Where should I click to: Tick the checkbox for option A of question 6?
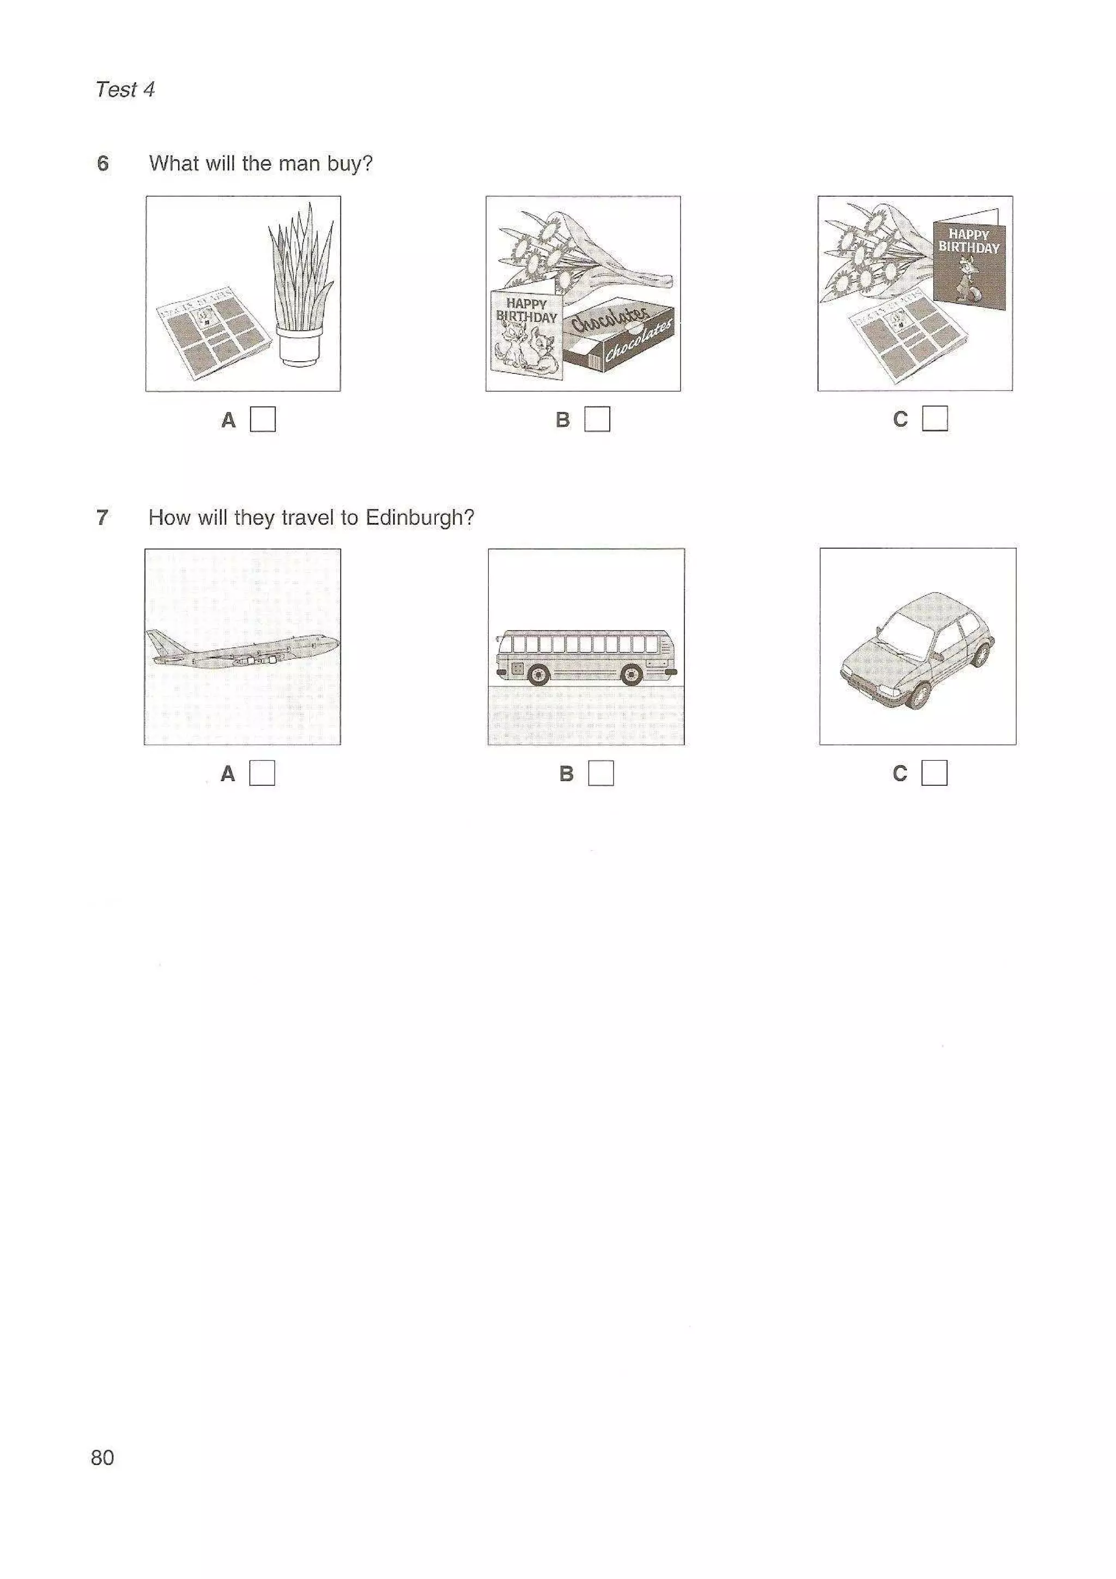coord(262,419)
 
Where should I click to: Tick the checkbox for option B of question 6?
coord(597,419)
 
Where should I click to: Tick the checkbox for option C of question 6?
coord(935,418)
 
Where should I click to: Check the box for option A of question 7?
coord(262,773)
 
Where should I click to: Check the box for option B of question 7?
coord(601,773)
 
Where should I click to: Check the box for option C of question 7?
coord(934,772)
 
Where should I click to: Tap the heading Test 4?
coord(125,89)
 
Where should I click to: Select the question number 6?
coord(102,163)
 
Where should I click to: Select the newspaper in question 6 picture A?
coord(210,333)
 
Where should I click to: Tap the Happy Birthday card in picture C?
coord(968,262)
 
